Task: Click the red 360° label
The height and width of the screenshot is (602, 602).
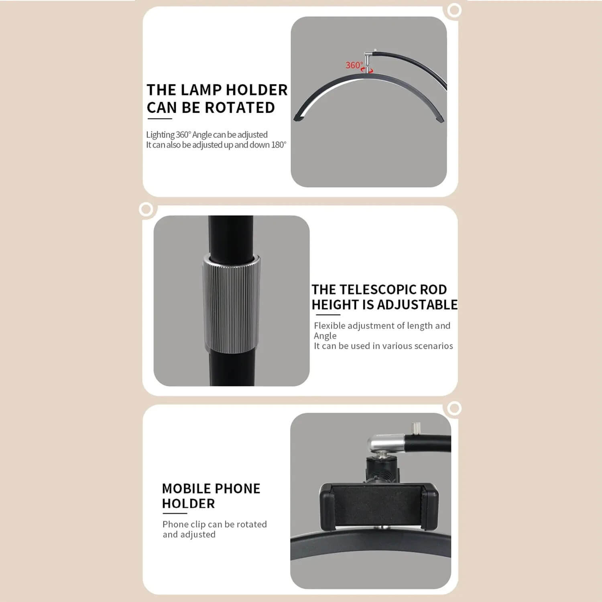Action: (x=354, y=65)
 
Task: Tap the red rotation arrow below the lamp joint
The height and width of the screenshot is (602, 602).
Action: (x=367, y=70)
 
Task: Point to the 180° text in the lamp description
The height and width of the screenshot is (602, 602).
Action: (x=279, y=144)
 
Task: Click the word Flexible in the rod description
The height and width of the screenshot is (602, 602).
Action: (x=329, y=325)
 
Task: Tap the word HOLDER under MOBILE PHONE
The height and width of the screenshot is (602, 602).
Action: (x=188, y=503)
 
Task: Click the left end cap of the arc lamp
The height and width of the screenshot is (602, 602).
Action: (x=299, y=117)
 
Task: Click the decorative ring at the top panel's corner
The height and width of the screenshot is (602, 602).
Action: (x=454, y=10)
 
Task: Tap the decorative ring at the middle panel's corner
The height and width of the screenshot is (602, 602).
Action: (x=146, y=209)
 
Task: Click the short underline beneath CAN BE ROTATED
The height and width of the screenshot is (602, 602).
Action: (x=159, y=119)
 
